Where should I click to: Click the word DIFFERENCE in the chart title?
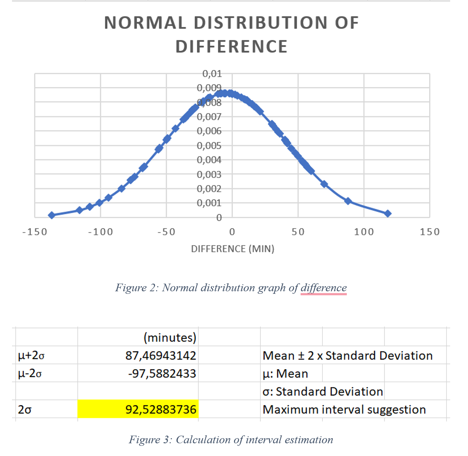pos(231,47)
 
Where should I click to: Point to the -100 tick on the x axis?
pos(100,232)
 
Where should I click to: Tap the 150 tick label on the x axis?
pos(429,232)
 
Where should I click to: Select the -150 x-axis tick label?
pos(35,232)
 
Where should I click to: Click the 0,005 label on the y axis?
pos(209,146)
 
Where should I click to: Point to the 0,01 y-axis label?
pos(212,74)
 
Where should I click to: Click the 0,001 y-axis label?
pos(209,203)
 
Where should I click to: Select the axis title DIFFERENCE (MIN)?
pos(233,249)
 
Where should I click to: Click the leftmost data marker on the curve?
pos(52,215)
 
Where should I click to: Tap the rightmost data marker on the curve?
pos(388,213)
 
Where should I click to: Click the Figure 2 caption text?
pos(231,288)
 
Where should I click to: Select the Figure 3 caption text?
pos(231,440)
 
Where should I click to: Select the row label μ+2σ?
pos(31,356)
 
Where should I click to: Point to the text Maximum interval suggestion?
pos(344,410)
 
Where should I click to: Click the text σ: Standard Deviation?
pos(322,392)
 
